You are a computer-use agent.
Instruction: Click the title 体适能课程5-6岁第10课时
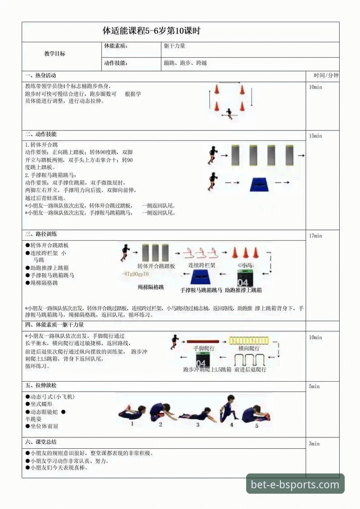pos(151,31)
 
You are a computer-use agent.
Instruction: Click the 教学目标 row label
pos(54,54)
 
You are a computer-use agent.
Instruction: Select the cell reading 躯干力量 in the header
pos(175,46)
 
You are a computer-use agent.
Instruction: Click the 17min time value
pos(316,236)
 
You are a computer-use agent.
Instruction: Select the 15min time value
pos(316,136)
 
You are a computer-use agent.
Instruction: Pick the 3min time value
pos(314,444)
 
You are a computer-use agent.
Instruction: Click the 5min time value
pos(314,387)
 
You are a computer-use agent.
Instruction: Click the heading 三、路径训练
pos(41,234)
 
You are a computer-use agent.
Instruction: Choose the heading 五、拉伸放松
pos(41,386)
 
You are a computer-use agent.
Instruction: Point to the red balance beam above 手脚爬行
pos(202,342)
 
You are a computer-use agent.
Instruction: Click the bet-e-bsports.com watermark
pos(295,485)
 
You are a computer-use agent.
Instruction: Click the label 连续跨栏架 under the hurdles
pos(202,266)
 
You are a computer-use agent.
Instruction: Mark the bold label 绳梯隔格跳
pos(151,287)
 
